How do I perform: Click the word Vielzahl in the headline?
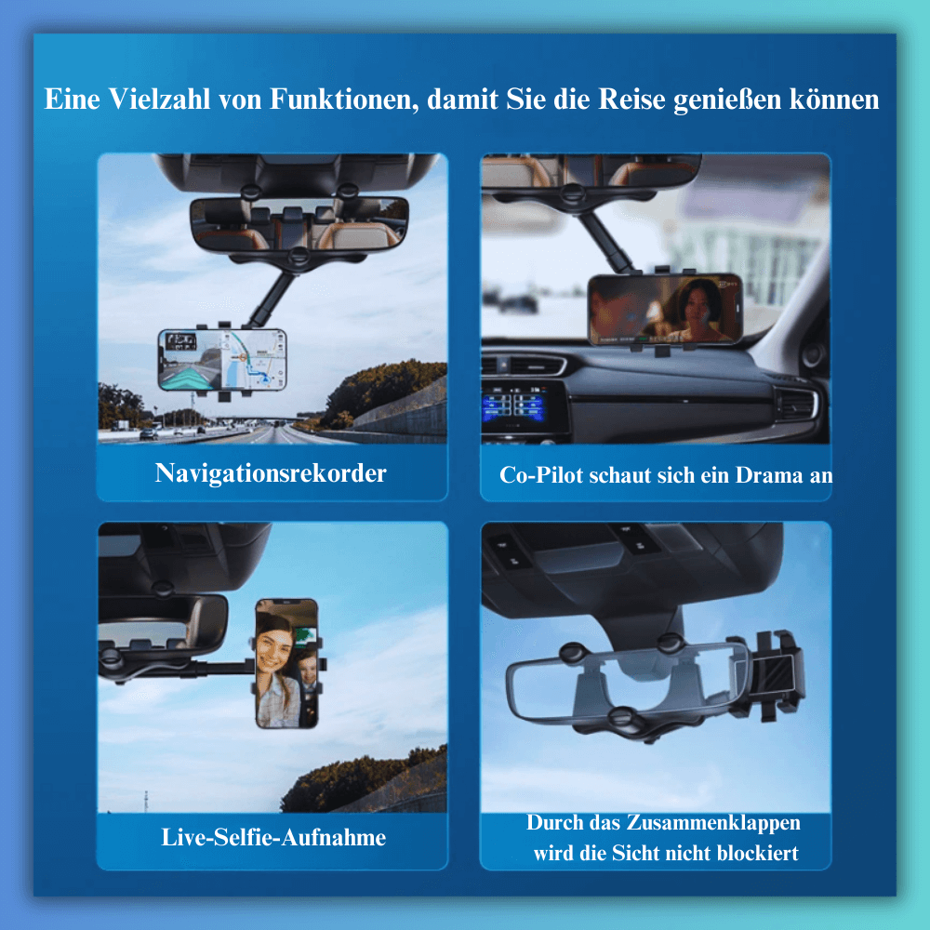pyautogui.click(x=160, y=100)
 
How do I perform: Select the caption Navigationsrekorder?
pyautogui.click(x=271, y=473)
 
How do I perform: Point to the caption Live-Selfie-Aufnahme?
pyautogui.click(x=273, y=838)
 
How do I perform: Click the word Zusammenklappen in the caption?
pyautogui.click(x=713, y=824)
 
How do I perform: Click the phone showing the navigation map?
pyautogui.click(x=222, y=360)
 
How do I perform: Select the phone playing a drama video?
pyautogui.click(x=664, y=309)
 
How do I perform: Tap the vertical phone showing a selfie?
pyautogui.click(x=287, y=663)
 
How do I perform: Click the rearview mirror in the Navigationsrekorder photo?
pyautogui.click(x=299, y=224)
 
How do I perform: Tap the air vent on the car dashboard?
pyautogui.click(x=797, y=404)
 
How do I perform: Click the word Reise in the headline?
pyautogui.click(x=631, y=100)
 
